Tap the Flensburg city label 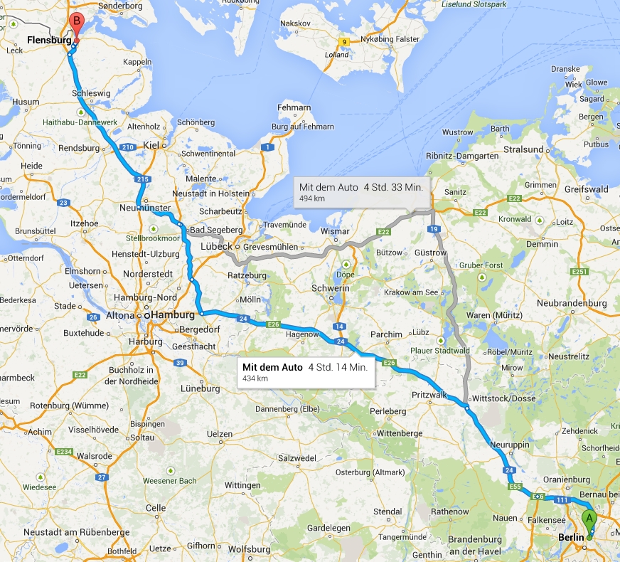[x=48, y=41]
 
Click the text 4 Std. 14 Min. [x=338, y=367]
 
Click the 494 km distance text [x=312, y=198]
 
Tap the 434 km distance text [x=255, y=378]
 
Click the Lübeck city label [x=216, y=246]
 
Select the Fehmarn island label [x=296, y=108]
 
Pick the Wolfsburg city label [x=249, y=548]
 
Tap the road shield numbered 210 [x=128, y=147]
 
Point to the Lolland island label [x=336, y=55]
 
